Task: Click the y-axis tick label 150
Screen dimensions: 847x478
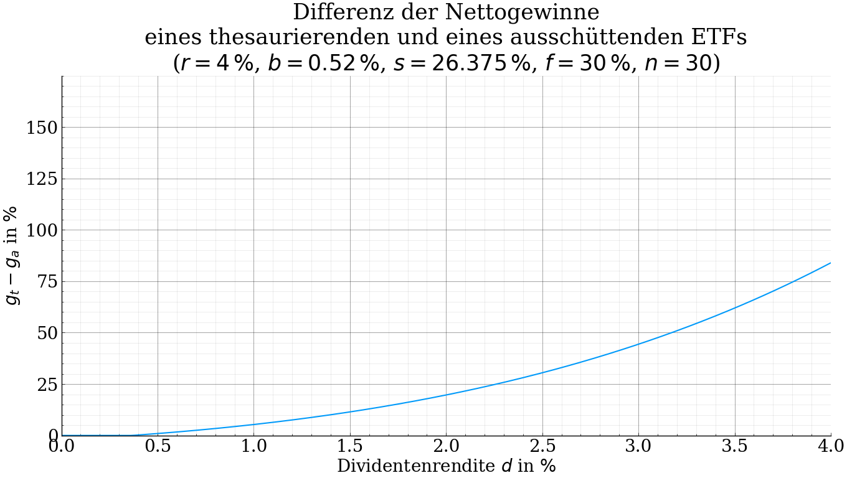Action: pyautogui.click(x=42, y=128)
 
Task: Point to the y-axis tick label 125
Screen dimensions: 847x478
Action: pyautogui.click(x=42, y=179)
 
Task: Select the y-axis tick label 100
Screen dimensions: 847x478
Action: pyautogui.click(x=42, y=230)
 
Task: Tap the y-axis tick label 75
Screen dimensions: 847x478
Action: pyautogui.click(x=47, y=282)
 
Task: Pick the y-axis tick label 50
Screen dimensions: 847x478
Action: pyautogui.click(x=47, y=333)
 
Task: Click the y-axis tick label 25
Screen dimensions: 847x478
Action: pyautogui.click(x=47, y=385)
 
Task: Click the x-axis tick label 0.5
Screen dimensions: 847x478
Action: pyautogui.click(x=158, y=446)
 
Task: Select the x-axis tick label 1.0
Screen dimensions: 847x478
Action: pyautogui.click(x=254, y=446)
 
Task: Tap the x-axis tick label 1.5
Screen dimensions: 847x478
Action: pyautogui.click(x=350, y=446)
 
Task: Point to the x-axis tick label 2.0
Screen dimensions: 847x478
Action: pyautogui.click(x=446, y=446)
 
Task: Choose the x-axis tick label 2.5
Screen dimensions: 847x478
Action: pyautogui.click(x=542, y=446)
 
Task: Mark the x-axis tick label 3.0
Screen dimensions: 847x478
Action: pyautogui.click(x=638, y=446)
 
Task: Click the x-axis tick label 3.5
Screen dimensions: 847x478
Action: pyautogui.click(x=735, y=446)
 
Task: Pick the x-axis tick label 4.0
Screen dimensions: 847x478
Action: pyautogui.click(x=831, y=446)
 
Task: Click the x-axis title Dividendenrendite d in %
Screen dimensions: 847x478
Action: pyautogui.click(x=446, y=466)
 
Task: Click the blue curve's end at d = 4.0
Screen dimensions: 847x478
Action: pyautogui.click(x=831, y=263)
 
